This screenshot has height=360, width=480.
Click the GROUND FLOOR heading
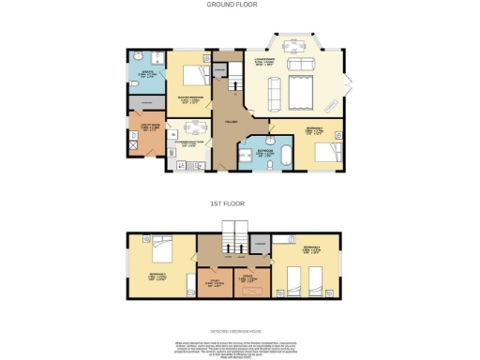click(x=232, y=5)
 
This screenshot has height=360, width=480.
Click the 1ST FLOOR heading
click(x=232, y=202)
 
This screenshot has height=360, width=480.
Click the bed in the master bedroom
click(x=195, y=75)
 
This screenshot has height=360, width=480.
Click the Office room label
click(x=249, y=278)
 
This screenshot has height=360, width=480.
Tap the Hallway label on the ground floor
click(x=229, y=122)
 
